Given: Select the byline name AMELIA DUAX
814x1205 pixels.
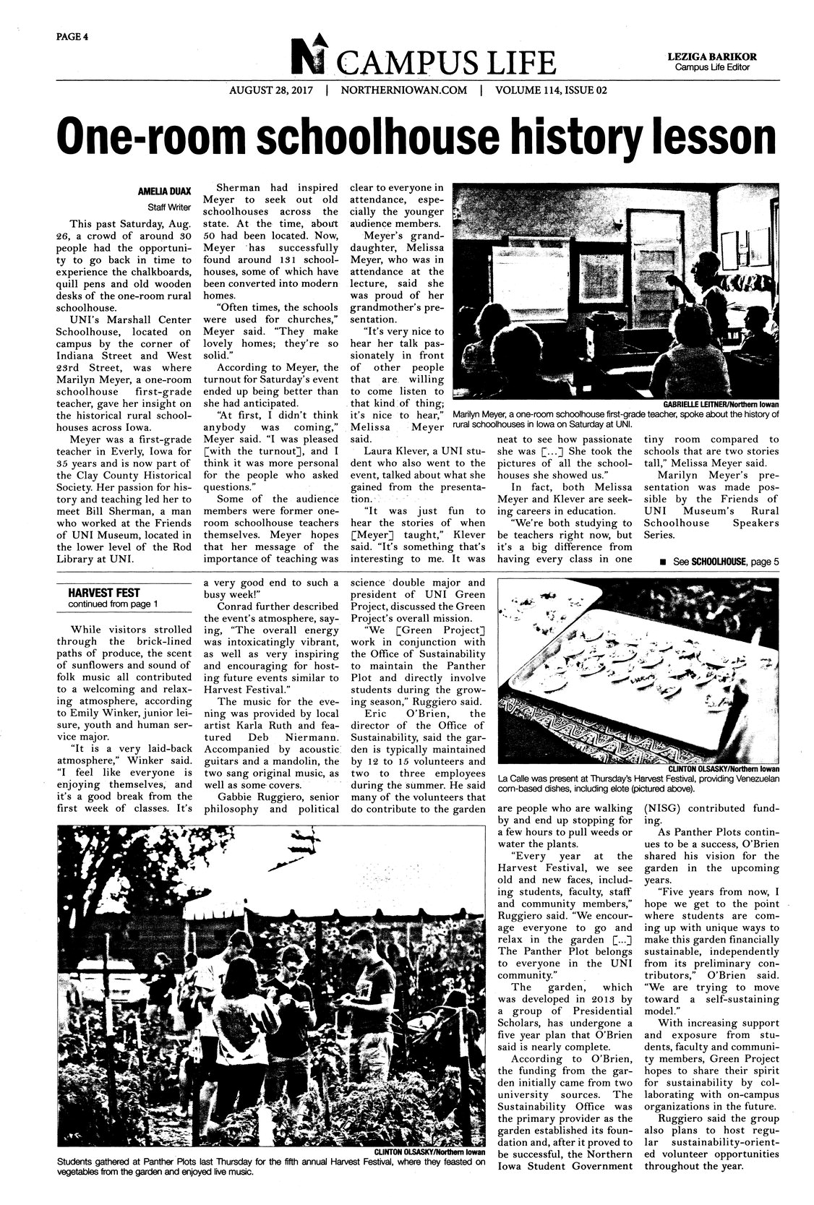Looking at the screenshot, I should click(164, 192).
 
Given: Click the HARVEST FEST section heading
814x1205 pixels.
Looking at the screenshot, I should click(93, 593).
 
